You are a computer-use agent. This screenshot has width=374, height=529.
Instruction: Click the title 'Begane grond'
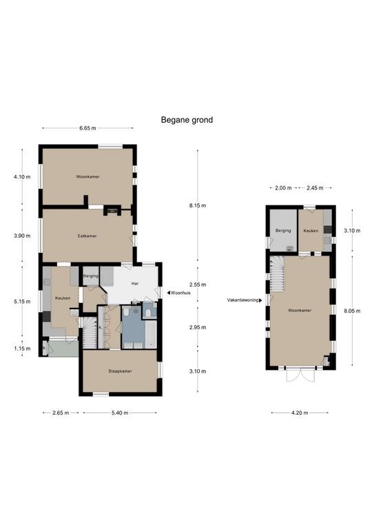[187, 120]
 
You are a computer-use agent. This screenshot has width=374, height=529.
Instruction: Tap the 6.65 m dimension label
[87, 128]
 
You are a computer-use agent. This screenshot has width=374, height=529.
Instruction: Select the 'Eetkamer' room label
[87, 236]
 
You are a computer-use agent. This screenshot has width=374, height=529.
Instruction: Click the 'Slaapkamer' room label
[120, 371]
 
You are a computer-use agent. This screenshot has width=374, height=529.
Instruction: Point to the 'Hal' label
[135, 284]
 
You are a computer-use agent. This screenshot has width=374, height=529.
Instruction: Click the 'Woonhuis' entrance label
[180, 293]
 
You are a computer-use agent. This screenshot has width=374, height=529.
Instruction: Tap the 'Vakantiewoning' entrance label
[243, 300]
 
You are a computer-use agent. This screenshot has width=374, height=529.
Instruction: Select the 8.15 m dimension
[198, 205]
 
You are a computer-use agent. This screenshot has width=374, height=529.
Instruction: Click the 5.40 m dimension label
[120, 413]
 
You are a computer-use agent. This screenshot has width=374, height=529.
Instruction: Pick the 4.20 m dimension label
[300, 413]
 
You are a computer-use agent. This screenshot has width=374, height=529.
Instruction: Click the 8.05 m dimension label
[352, 311]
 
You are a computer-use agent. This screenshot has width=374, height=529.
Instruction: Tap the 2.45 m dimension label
[315, 188]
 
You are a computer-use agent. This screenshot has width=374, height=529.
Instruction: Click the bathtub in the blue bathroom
[151, 335]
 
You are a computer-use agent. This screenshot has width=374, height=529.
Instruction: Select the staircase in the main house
[90, 333]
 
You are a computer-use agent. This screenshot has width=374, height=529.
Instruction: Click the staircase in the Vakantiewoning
[278, 273]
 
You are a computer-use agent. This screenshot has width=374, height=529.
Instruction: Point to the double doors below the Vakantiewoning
[300, 375]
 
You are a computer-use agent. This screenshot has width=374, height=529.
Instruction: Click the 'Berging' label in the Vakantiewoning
[283, 231]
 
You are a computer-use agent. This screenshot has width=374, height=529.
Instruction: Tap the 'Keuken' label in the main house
[63, 298]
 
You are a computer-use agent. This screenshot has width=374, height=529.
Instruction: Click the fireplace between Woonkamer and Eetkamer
[112, 211]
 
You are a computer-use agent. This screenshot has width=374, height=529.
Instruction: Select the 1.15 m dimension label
[22, 349]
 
